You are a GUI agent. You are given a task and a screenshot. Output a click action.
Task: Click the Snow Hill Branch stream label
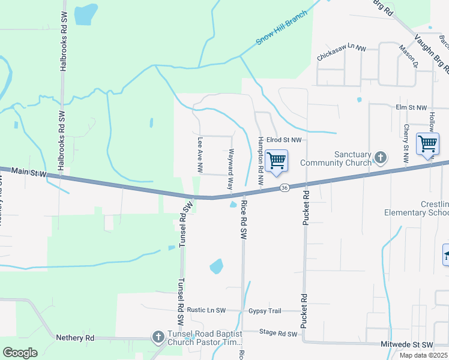pyautogui.click(x=282, y=28)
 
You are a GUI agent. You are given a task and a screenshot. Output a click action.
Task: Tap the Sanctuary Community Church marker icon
pyautogui.click(x=379, y=158)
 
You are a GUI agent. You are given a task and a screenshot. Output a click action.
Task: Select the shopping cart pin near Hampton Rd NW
pyautogui.click(x=277, y=161)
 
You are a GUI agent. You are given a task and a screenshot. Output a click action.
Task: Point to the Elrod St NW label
pyautogui.click(x=286, y=140)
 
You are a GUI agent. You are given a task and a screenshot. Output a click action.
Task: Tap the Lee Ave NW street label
pyautogui.click(x=200, y=152)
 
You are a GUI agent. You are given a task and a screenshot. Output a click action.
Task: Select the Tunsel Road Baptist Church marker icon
pyautogui.click(x=158, y=337)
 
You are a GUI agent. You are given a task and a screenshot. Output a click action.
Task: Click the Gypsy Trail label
pyautogui.click(x=265, y=311)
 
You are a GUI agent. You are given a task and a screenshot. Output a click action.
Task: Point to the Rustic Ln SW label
pyautogui.click(x=206, y=310)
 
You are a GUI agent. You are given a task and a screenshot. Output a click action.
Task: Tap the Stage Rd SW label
pyautogui.click(x=279, y=334)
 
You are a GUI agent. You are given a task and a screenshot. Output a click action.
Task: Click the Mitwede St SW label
pyautogui.click(x=407, y=344)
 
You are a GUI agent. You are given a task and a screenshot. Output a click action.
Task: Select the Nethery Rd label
pyautogui.click(x=75, y=338)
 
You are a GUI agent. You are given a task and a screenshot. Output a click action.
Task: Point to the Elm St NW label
pyautogui.click(x=411, y=107)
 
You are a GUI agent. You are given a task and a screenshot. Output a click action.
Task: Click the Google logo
pyautogui.click(x=20, y=353)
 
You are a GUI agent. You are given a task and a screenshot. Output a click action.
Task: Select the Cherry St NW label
pyautogui.click(x=406, y=143)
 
